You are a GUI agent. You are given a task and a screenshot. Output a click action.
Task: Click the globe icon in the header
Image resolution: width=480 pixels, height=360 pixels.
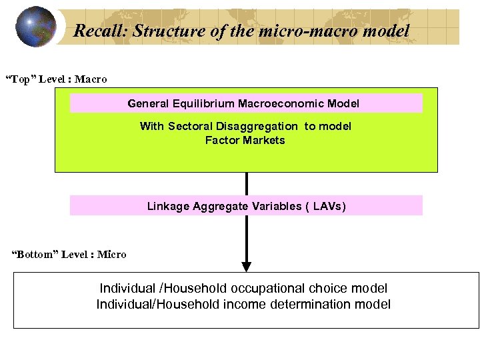pos(35,27)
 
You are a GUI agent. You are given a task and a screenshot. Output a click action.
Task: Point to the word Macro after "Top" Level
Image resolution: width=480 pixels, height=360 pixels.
pos(91,79)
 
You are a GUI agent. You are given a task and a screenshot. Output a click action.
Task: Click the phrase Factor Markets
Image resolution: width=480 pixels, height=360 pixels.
pos(245,140)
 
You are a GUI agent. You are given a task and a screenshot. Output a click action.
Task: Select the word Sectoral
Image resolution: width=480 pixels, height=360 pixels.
pos(189,126)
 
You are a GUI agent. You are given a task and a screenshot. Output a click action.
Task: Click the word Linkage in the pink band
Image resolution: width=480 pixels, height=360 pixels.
pos(168,206)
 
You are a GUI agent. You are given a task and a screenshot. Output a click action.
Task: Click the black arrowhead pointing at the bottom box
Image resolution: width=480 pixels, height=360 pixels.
pos(246,267)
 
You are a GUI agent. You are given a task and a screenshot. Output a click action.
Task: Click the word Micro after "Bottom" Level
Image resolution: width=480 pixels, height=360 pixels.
pos(111,254)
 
